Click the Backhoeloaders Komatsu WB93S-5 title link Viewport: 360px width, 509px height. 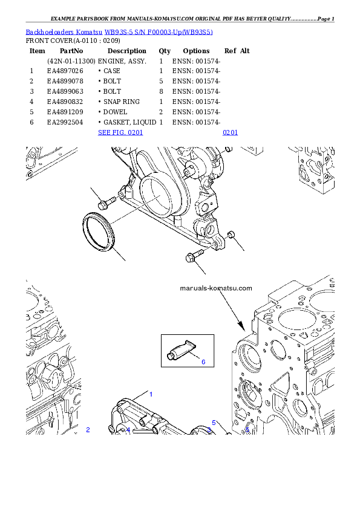tap(119, 31)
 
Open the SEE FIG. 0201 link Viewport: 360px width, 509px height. tap(120, 132)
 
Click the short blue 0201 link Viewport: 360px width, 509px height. tap(230, 132)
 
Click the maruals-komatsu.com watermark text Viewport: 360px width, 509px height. tap(216, 288)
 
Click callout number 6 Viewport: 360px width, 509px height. tap(203, 362)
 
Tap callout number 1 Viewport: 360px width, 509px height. tap(151, 394)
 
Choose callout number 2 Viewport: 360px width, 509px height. tap(88, 430)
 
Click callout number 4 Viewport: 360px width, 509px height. tap(128, 430)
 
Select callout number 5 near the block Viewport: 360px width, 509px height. tap(214, 423)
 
